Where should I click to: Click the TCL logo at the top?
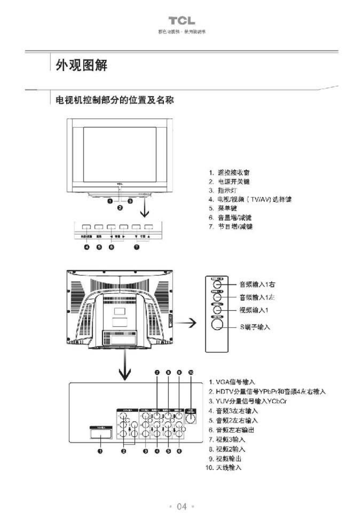pos(182,21)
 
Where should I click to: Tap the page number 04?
pos(182,507)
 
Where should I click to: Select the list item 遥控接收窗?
pos(232,173)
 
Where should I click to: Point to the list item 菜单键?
pos(226,209)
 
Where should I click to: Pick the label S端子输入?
pos(254,327)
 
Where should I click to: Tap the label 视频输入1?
pos(253,309)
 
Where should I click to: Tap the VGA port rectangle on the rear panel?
pos(100,434)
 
